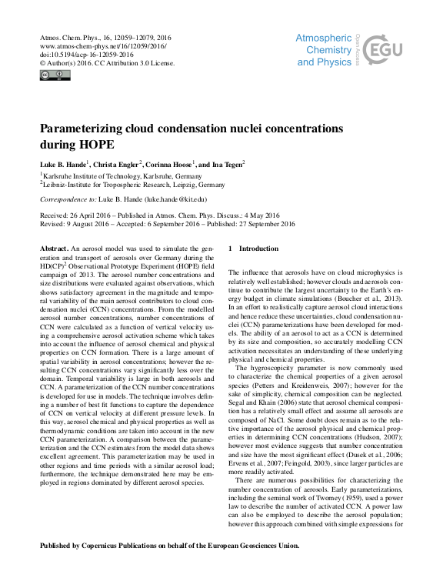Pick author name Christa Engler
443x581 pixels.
click(x=117, y=164)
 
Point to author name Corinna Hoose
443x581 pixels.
click(x=171, y=164)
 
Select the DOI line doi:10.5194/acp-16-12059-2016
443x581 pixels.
click(x=82, y=55)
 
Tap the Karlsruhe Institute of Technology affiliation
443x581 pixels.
click(x=118, y=175)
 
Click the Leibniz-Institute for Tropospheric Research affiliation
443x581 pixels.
click(x=132, y=185)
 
